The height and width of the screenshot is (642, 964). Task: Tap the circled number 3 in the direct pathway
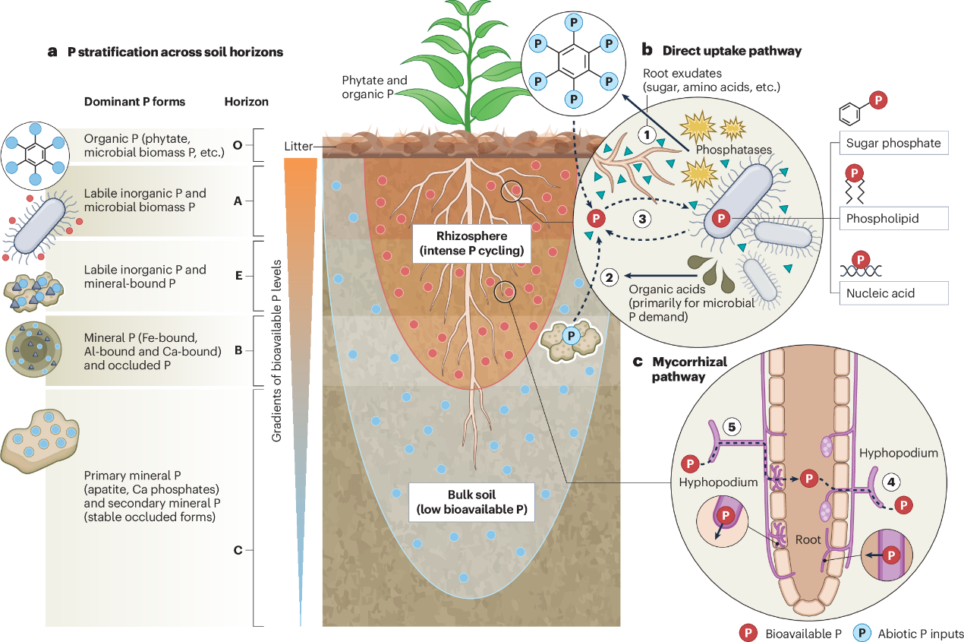(641, 218)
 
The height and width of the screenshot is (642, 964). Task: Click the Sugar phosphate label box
(893, 143)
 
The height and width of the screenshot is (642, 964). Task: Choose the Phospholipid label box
(893, 218)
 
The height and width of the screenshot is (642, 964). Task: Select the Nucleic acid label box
(893, 293)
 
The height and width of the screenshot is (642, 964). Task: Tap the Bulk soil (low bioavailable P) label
(471, 502)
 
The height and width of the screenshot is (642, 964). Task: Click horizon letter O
(238, 144)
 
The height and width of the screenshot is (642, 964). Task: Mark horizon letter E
(238, 276)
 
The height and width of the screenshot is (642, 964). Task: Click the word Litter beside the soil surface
(298, 146)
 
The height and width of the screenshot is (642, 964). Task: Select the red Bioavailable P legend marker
(748, 633)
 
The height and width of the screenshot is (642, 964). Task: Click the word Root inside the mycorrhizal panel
(808, 539)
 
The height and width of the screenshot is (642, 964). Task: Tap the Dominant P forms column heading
(134, 102)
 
